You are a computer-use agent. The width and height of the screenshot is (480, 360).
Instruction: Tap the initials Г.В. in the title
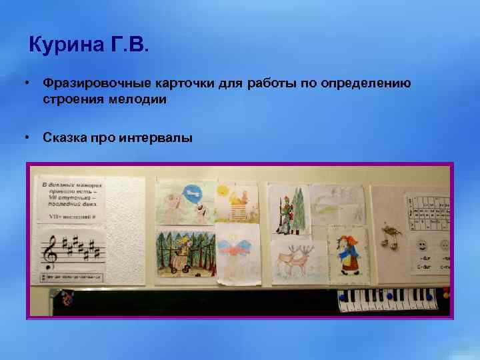pyautogui.click(x=130, y=47)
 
